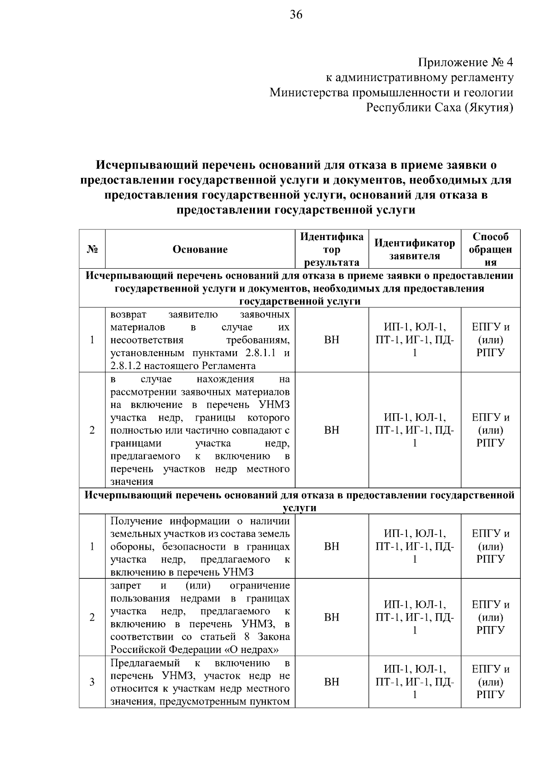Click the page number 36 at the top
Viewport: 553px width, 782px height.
tap(296, 15)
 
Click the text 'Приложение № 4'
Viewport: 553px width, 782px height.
tap(465, 62)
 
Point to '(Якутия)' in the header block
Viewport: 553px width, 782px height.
tap(489, 108)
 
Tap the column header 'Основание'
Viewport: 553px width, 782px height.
tap(200, 249)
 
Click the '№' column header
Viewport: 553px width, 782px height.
tap(92, 249)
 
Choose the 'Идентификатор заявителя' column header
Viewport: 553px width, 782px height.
tap(415, 249)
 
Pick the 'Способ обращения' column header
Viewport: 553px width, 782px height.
tap(490, 249)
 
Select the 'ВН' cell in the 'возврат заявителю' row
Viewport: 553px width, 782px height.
tap(332, 340)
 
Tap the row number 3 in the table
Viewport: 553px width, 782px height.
tap(92, 682)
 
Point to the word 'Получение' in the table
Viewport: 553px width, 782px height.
tap(136, 521)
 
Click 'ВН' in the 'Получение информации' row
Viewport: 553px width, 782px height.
tap(332, 547)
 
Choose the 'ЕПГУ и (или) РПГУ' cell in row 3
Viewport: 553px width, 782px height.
tap(490, 682)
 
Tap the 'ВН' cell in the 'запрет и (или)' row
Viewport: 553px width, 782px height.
tap(332, 617)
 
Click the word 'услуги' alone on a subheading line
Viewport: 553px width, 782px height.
tap(300, 508)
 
